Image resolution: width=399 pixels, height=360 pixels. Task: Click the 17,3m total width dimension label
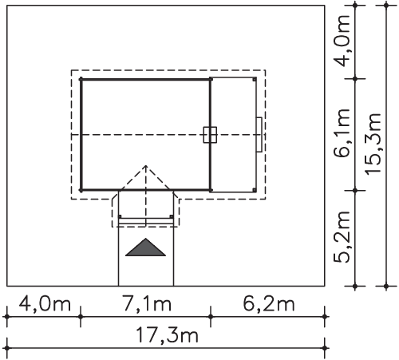(167, 335)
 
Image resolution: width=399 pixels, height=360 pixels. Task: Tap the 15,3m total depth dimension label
(373, 144)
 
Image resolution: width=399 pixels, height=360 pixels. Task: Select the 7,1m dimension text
(147, 304)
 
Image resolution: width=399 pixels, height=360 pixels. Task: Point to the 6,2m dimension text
(269, 304)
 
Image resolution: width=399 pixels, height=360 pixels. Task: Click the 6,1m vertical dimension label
(342, 133)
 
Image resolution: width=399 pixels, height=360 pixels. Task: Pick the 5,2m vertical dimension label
(342, 237)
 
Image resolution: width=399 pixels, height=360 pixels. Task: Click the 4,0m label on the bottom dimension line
(45, 304)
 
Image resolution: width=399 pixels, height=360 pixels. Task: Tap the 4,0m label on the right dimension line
(342, 41)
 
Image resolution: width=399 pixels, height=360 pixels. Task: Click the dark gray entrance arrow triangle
(145, 247)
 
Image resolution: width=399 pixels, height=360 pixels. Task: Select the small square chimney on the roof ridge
(210, 135)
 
